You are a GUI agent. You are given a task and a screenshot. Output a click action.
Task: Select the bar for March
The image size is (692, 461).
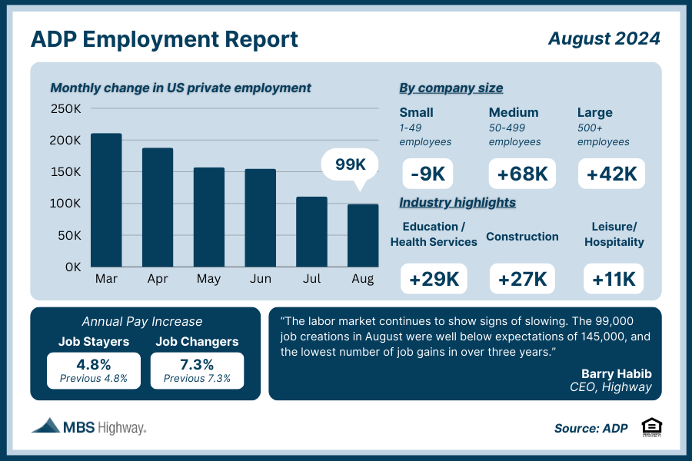[106, 200]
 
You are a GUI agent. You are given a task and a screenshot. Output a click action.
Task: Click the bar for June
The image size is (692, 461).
[261, 217]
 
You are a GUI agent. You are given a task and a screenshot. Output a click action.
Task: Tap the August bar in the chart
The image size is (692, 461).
[363, 235]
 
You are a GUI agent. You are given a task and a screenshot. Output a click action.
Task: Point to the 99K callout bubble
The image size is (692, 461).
[351, 165]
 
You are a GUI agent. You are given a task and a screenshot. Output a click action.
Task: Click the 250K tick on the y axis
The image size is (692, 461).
[66, 109]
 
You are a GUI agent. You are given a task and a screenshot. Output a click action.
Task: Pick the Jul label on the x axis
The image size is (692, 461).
[311, 278]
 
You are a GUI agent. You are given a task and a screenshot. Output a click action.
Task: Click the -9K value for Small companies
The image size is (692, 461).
[428, 174]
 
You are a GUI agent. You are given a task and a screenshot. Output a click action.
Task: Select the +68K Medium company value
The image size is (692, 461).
[523, 174]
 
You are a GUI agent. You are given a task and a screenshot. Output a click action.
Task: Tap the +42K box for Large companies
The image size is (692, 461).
[611, 174]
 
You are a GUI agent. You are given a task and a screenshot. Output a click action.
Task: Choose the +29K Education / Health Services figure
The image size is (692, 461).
[434, 279]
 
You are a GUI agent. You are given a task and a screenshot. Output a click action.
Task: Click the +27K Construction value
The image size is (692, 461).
[522, 279]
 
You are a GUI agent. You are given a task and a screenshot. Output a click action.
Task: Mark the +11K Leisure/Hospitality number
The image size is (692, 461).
[614, 279]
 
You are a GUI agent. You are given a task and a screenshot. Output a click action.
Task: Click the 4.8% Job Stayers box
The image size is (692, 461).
[94, 370]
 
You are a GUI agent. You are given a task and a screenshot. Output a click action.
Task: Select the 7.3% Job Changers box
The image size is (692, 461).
[197, 370]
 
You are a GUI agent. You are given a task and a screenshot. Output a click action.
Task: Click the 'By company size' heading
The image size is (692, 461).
[451, 88]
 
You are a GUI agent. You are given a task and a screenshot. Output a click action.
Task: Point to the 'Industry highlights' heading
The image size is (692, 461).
[457, 203]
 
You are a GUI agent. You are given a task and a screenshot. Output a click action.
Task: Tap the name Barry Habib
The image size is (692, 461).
[616, 373]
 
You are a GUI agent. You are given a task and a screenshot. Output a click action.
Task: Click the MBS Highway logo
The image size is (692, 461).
[88, 426]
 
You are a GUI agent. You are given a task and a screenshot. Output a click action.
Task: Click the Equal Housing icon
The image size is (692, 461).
[650, 426]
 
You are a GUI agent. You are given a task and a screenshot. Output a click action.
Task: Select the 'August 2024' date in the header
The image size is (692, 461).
[604, 38]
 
